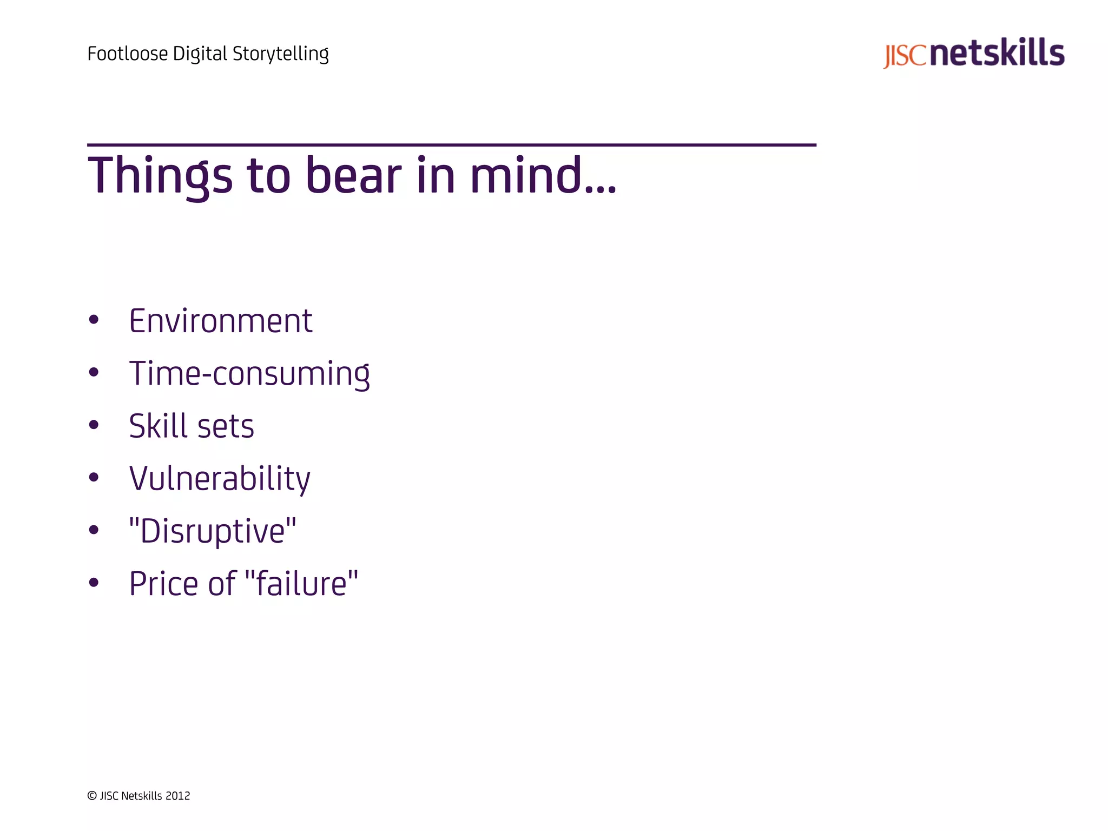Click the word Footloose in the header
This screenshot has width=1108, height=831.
click(128, 54)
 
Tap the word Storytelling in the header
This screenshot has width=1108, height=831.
click(280, 54)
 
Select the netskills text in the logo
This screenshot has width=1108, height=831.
click(999, 53)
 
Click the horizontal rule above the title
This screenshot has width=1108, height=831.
click(451, 145)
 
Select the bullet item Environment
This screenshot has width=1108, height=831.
click(220, 321)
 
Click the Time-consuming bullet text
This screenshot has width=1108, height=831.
click(249, 373)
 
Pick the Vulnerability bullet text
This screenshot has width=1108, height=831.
click(220, 479)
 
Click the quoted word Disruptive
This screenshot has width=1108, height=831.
click(213, 531)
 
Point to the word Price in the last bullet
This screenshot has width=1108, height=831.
click(164, 584)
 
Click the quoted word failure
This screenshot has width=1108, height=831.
click(301, 584)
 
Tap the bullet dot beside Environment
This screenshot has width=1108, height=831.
click(94, 320)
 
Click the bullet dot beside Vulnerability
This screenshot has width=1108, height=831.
click(94, 477)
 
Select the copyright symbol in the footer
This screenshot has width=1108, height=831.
click(92, 796)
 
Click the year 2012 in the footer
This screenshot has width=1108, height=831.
click(177, 796)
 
